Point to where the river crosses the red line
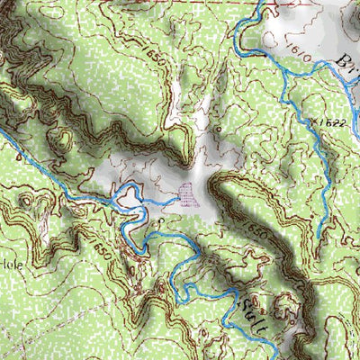pos(257,3)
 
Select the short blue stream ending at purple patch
pos(166,204)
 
